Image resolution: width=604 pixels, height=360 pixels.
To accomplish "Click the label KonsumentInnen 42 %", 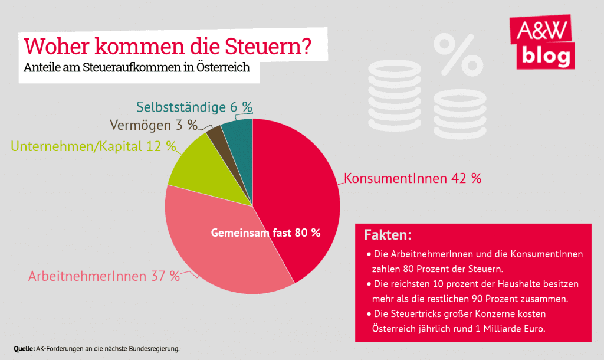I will click(412, 178).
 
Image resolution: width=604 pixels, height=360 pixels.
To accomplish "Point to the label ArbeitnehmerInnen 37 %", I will click(104, 276).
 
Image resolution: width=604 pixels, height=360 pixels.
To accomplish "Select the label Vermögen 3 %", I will click(153, 125).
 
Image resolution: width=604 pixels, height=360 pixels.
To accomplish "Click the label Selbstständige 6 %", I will click(194, 107).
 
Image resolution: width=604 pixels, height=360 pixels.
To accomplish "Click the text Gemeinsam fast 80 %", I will click(265, 233).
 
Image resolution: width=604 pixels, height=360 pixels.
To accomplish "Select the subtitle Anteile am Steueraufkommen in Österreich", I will click(137, 67).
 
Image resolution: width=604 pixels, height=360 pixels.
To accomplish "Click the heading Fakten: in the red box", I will click(388, 235).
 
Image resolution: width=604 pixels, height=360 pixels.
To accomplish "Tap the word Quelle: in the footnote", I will click(24, 348).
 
